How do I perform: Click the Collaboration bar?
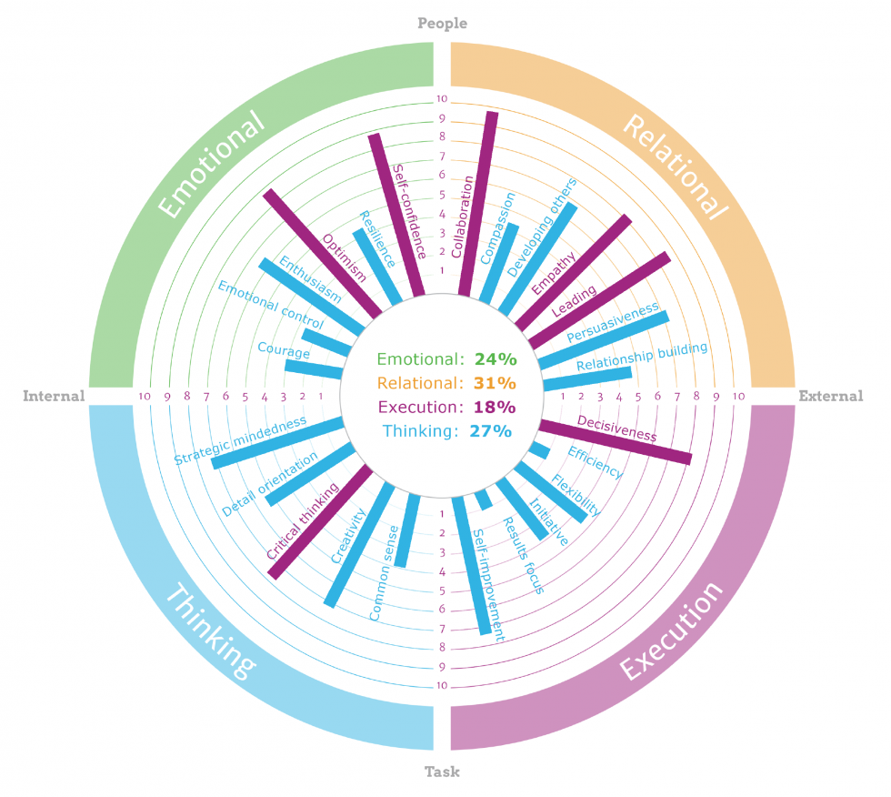[478, 204]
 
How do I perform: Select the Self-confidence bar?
[396, 215]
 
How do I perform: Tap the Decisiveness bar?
[616, 441]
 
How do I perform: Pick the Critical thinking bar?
[320, 522]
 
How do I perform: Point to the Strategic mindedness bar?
[278, 442]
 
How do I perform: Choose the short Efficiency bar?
[539, 450]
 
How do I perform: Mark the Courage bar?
[314, 369]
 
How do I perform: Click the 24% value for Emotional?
[496, 359]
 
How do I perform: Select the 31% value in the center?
[495, 383]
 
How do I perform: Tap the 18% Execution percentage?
[495, 407]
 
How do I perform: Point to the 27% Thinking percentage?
[490, 431]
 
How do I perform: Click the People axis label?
[442, 24]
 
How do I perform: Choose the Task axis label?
[442, 772]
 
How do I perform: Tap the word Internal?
[54, 396]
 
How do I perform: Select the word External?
[831, 396]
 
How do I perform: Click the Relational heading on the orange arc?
[675, 166]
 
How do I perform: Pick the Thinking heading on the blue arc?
[211, 631]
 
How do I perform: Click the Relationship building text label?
[642, 357]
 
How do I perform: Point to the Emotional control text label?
[271, 305]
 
